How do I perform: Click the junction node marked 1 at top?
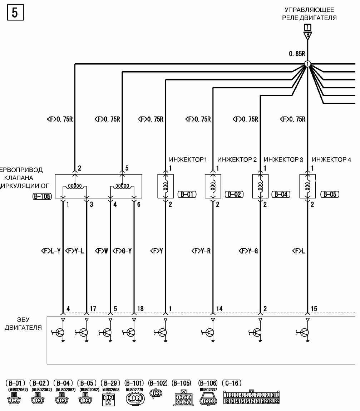307,65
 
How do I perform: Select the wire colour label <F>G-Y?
123,251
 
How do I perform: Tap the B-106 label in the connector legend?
208,383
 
